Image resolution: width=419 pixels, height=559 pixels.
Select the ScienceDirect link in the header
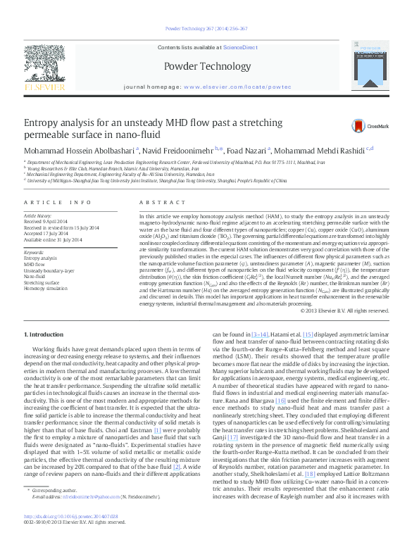pos(240,46)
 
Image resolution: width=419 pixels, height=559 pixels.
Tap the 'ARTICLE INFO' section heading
pos(58,202)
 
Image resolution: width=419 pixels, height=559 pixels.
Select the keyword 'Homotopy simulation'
pos(45,288)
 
